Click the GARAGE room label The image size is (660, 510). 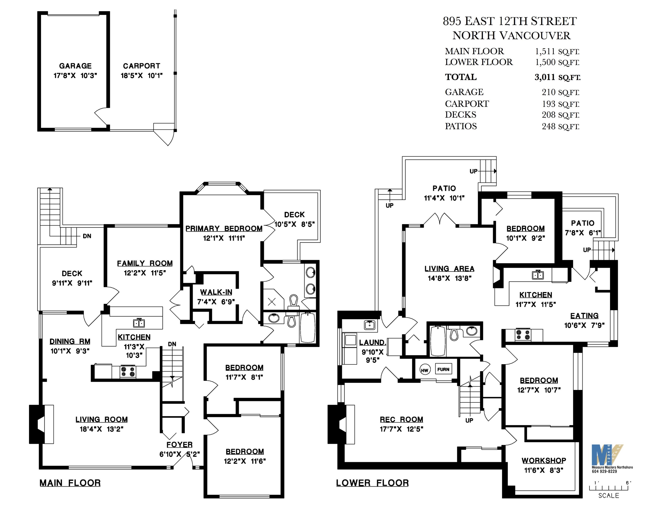click(x=75, y=66)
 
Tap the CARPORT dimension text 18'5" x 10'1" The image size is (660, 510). click(x=142, y=75)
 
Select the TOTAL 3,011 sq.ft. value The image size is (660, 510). click(x=557, y=77)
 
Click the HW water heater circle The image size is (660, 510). click(x=425, y=370)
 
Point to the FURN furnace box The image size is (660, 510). click(x=443, y=369)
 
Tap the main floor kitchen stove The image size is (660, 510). click(x=128, y=371)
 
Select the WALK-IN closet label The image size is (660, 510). click(x=216, y=292)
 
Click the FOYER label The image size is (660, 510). click(x=180, y=444)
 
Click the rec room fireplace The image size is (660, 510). click(x=341, y=424)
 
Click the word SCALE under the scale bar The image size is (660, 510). click(x=609, y=495)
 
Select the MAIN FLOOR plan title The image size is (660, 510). click(x=70, y=483)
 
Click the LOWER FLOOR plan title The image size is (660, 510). click(x=372, y=483)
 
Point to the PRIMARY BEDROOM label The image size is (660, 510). click(x=224, y=228)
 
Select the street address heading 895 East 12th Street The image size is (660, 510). click(x=510, y=21)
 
